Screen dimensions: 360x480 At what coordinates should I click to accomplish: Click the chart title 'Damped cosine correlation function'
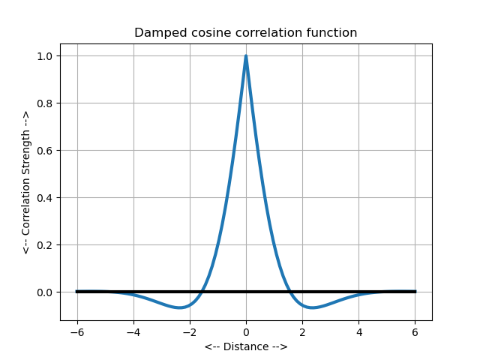(245, 33)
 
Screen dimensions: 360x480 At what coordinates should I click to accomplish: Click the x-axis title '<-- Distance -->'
(245, 346)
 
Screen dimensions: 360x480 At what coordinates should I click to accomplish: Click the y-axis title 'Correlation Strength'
(25, 182)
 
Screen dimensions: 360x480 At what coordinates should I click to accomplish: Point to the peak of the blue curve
(246, 56)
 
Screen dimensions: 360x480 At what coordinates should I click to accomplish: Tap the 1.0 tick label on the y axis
(44, 56)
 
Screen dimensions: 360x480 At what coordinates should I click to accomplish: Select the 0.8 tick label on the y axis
(44, 103)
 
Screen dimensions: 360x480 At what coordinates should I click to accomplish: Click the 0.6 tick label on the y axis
(44, 151)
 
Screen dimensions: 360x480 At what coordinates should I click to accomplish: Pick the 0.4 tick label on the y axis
(44, 198)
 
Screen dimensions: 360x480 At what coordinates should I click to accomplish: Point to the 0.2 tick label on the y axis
(44, 245)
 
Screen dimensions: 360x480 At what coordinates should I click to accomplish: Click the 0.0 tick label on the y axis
(44, 292)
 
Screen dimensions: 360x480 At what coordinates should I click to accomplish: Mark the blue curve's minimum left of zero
(180, 307)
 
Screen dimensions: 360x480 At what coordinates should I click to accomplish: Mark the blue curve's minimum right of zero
(312, 307)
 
